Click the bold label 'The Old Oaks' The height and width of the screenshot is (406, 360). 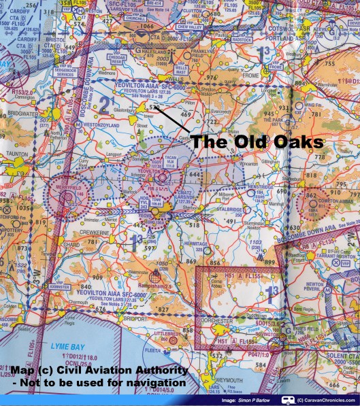tap(257, 143)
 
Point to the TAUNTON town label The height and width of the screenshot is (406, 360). tap(16, 156)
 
